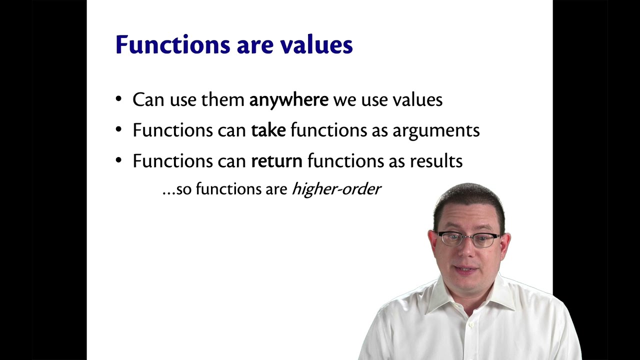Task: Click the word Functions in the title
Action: click(172, 44)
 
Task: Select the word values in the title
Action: click(316, 44)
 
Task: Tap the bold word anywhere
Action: click(289, 100)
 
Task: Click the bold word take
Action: click(268, 130)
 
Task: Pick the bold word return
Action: click(276, 161)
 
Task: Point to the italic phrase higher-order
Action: click(336, 189)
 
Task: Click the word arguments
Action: click(436, 131)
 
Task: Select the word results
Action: click(436, 161)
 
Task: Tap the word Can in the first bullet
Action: click(148, 99)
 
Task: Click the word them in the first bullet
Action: click(222, 99)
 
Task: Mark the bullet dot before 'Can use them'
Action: click(118, 99)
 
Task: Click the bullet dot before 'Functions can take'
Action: click(118, 129)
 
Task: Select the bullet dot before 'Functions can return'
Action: click(118, 160)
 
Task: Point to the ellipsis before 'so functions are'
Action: click(168, 194)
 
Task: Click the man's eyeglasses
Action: click(469, 239)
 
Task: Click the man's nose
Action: click(465, 251)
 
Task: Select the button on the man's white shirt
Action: click(471, 325)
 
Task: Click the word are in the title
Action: click(255, 47)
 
